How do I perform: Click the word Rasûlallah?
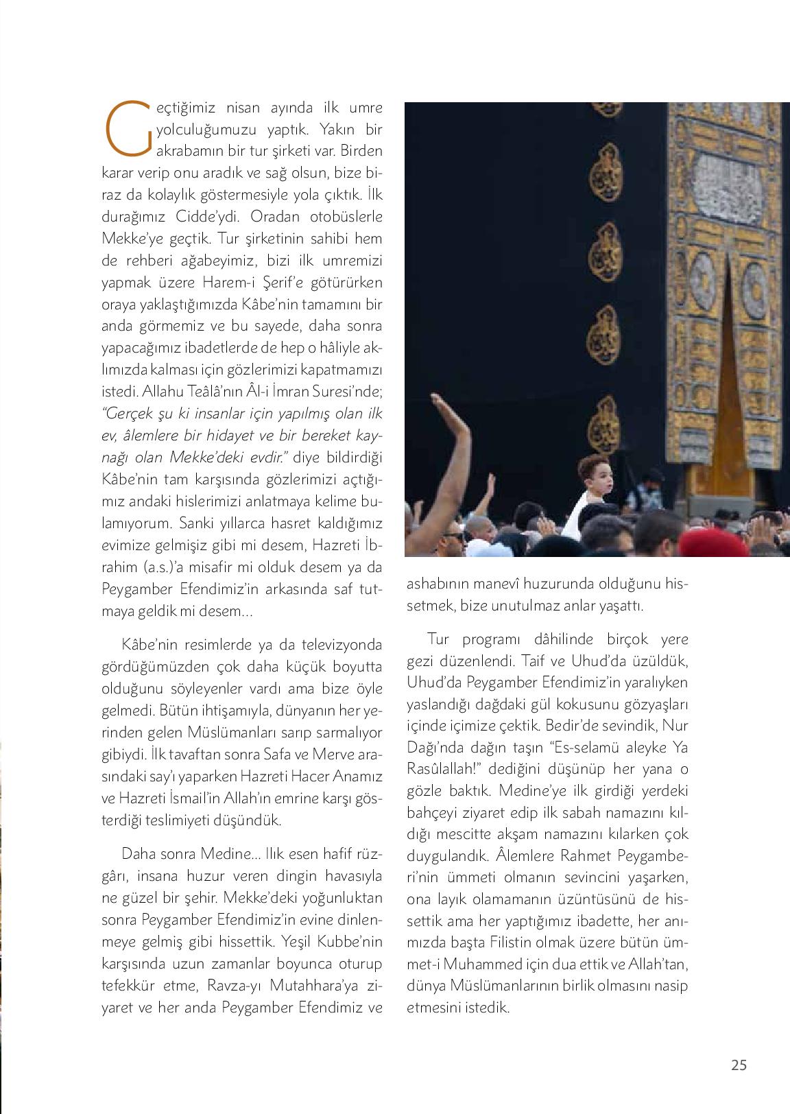(441, 770)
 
